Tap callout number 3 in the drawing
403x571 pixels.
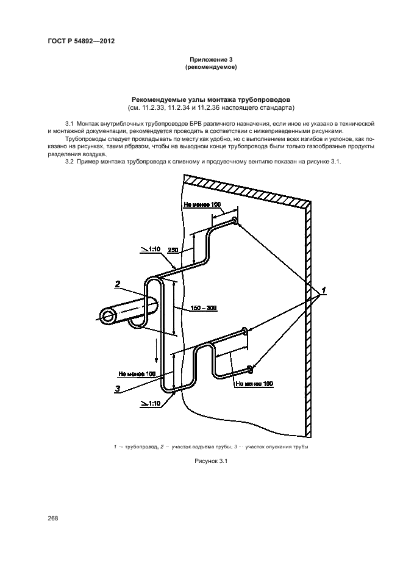[x=116, y=387]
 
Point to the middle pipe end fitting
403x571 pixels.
[x=245, y=331]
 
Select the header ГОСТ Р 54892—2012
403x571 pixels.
[x=80, y=41]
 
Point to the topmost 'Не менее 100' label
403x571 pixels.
[x=201, y=205]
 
